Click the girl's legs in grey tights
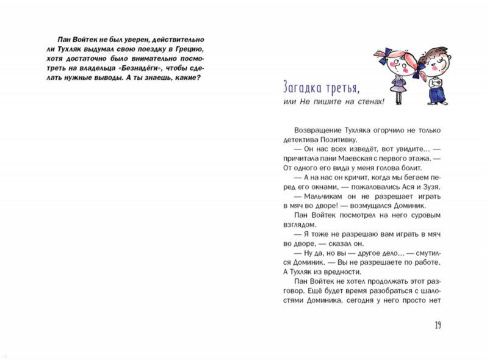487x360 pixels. (399, 98)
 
